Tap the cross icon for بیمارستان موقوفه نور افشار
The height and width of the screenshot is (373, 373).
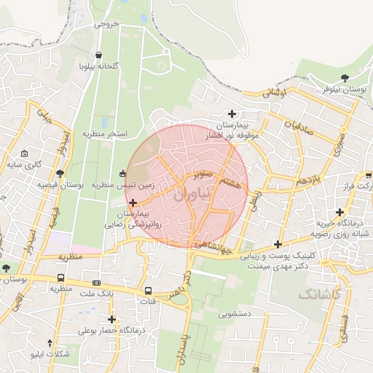232,113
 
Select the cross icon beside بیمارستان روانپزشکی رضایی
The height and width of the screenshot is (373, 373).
132,202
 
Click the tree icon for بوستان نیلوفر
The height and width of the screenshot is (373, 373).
345,77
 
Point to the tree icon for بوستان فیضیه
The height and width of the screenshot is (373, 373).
60,173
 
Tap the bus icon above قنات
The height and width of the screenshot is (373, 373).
149,290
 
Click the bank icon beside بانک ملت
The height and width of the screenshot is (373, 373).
97,283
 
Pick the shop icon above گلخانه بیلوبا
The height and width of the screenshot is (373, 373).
99,55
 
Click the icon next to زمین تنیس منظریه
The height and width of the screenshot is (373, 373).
122,173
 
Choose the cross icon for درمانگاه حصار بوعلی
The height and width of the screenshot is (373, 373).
111,319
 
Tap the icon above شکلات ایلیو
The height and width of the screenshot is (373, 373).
50,342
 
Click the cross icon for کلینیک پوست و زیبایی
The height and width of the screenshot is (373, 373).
277,243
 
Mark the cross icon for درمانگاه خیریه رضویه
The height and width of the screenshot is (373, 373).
340,211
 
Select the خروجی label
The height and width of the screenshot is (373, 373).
106,25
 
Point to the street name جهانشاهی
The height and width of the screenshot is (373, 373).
215,249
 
